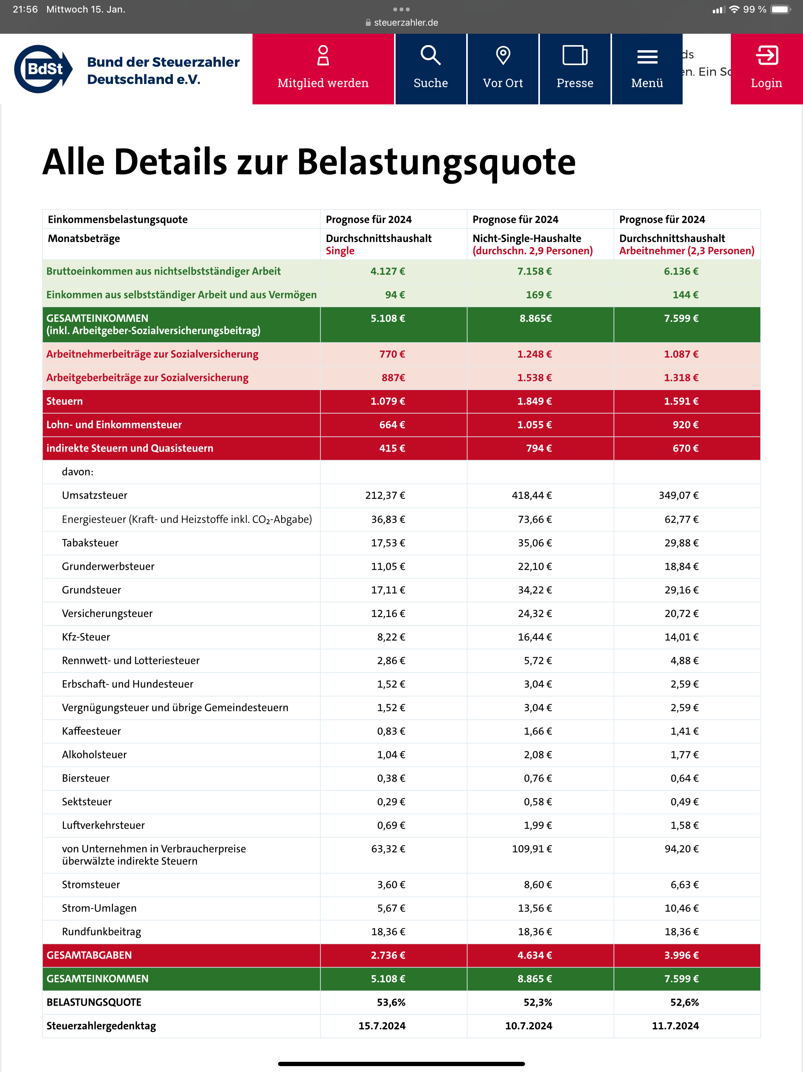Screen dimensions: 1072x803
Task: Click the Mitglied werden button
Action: tap(323, 69)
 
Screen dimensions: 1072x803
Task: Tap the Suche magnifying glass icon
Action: tap(430, 55)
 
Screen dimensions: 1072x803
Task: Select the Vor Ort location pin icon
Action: tap(503, 55)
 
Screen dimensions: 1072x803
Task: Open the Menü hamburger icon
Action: tap(647, 57)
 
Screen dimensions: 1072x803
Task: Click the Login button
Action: tap(766, 69)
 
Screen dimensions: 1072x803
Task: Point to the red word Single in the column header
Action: tap(340, 251)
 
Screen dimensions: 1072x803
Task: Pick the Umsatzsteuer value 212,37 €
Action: tap(385, 495)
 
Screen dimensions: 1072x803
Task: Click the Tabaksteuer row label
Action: tap(90, 543)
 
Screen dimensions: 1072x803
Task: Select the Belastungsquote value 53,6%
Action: tap(391, 1002)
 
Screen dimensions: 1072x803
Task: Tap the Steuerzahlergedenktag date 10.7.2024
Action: tap(529, 1026)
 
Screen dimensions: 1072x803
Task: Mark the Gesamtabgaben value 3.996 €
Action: tap(681, 955)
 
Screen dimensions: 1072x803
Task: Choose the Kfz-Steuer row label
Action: tap(86, 637)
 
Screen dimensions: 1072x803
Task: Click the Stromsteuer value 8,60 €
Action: tap(538, 884)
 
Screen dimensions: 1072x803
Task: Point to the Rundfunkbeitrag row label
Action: tap(101, 932)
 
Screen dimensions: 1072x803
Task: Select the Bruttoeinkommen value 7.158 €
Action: tap(534, 272)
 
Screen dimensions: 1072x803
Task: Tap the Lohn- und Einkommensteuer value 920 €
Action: tap(685, 425)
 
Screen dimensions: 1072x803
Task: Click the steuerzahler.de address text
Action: tap(406, 23)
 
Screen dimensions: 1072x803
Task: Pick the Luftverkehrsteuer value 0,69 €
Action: tap(391, 825)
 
